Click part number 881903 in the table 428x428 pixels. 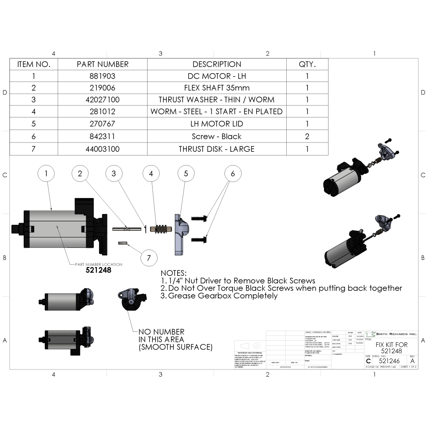tap(102, 76)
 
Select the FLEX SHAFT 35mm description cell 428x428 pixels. tap(217, 88)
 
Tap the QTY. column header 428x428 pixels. tap(307, 64)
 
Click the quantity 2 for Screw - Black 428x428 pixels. tap(307, 136)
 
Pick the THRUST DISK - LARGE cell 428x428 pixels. tap(217, 149)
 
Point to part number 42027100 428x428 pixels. tap(102, 100)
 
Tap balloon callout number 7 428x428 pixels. tap(148, 257)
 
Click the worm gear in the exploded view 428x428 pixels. tap(161, 229)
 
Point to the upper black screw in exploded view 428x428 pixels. tap(200, 218)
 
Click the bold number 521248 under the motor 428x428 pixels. tap(99, 270)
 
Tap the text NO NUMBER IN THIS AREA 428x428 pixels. tap(175, 339)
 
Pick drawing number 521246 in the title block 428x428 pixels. tap(389, 361)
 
